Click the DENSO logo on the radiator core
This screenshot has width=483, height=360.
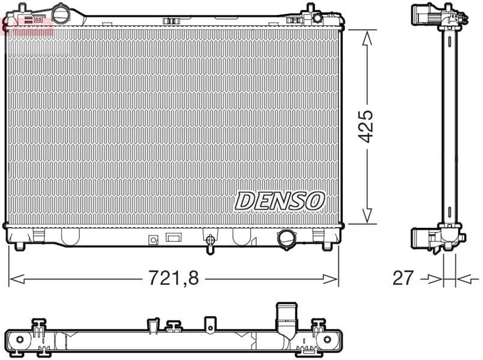pos(280,201)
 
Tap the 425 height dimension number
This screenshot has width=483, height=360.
pos(367,126)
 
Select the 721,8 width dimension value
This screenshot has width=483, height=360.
pos(174,277)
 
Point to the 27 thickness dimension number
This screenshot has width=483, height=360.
pos(403,278)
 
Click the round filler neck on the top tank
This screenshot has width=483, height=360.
pos(61,13)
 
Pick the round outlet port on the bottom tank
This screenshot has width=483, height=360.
pos(287,239)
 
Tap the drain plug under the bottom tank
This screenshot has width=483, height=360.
pos(210,244)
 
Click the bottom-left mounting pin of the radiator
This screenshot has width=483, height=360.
pos(20,246)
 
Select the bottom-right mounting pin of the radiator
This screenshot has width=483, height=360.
pos(327,246)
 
